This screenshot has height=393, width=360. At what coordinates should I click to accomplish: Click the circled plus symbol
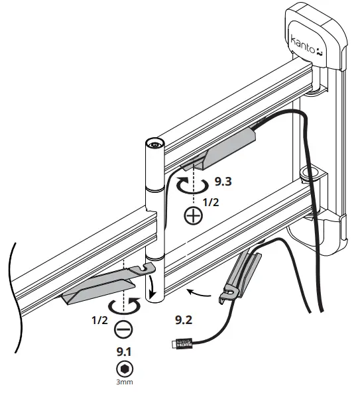tap(193, 217)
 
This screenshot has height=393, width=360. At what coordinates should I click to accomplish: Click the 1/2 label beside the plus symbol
tap(210, 202)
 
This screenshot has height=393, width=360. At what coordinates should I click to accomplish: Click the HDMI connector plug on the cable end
tap(180, 343)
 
